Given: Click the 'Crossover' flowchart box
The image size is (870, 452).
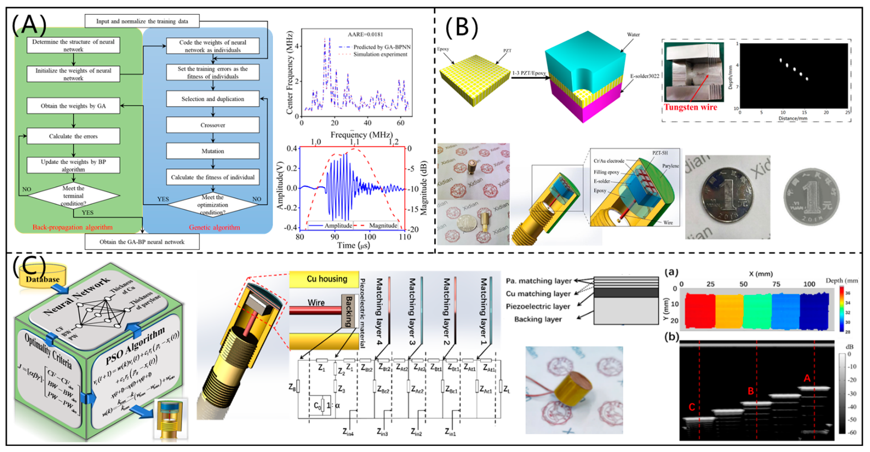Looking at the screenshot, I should (212, 125).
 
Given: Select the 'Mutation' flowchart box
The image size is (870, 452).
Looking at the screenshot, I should (212, 151).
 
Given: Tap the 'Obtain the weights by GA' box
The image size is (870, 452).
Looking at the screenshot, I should (73, 106).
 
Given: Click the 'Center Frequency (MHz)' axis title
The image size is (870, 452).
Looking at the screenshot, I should (289, 73).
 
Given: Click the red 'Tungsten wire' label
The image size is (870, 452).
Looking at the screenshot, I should (690, 107).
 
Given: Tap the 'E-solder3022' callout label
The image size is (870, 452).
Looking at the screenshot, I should (644, 76).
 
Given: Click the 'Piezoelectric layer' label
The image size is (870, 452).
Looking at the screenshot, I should (537, 306).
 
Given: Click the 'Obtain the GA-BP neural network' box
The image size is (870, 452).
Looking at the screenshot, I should (142, 242).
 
